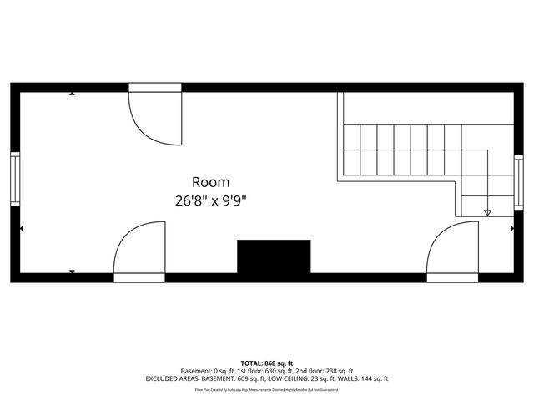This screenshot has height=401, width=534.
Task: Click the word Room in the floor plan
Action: click(x=210, y=181)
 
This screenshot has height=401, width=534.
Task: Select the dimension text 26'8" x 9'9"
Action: click(x=210, y=200)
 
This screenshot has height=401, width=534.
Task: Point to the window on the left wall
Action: click(x=14, y=178)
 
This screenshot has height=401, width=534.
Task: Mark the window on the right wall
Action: click(x=519, y=183)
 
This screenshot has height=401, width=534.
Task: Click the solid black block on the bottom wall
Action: click(x=274, y=256)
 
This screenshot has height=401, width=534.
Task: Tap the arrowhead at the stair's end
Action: click(x=488, y=213)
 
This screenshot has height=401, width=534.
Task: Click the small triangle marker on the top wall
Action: click(x=72, y=94)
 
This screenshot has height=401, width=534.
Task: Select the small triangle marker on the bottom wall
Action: click(x=72, y=272)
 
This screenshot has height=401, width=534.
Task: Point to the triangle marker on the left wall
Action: click(x=22, y=227)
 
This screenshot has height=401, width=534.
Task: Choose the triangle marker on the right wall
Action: click(x=512, y=227)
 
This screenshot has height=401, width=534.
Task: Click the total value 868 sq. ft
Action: click(x=278, y=363)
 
